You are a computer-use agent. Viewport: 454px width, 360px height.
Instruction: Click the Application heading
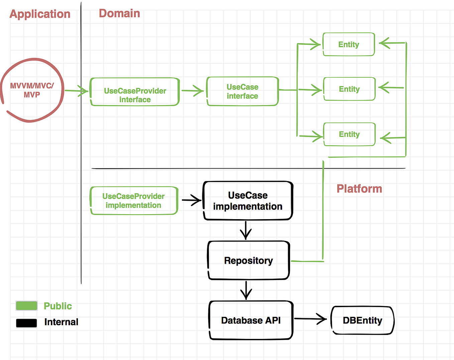click(40, 14)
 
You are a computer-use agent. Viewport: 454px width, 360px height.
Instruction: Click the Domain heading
click(119, 13)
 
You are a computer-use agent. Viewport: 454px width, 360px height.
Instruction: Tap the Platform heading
click(359, 189)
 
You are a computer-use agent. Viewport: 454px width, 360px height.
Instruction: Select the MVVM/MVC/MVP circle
click(32, 90)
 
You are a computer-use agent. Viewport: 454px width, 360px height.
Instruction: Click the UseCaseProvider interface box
click(135, 92)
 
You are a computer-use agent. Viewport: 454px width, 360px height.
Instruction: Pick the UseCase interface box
click(242, 91)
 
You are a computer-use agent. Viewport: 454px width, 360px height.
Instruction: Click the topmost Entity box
click(349, 44)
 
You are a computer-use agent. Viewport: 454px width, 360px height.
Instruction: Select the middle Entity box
click(349, 89)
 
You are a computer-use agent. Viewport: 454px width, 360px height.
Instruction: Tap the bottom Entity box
click(349, 134)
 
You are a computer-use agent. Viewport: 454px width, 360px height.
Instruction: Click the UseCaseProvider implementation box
click(134, 201)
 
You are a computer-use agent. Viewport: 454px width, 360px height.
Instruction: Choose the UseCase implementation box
click(248, 201)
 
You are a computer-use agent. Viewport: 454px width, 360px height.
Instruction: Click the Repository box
click(248, 260)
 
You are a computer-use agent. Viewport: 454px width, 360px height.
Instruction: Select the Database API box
click(251, 320)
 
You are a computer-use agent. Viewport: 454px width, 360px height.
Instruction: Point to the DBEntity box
click(362, 320)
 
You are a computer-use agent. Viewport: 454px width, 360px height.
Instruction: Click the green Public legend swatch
click(26, 306)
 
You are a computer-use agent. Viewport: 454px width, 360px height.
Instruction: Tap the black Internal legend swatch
click(26, 323)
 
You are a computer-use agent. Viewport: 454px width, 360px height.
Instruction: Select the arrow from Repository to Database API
click(246, 290)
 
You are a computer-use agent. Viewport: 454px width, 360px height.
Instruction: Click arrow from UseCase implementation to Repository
click(246, 230)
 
